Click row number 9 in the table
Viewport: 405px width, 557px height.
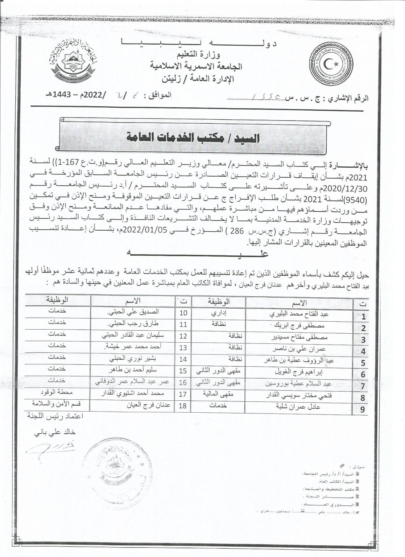pyautogui.click(x=363, y=410)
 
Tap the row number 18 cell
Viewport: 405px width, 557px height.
pyautogui.click(x=183, y=406)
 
